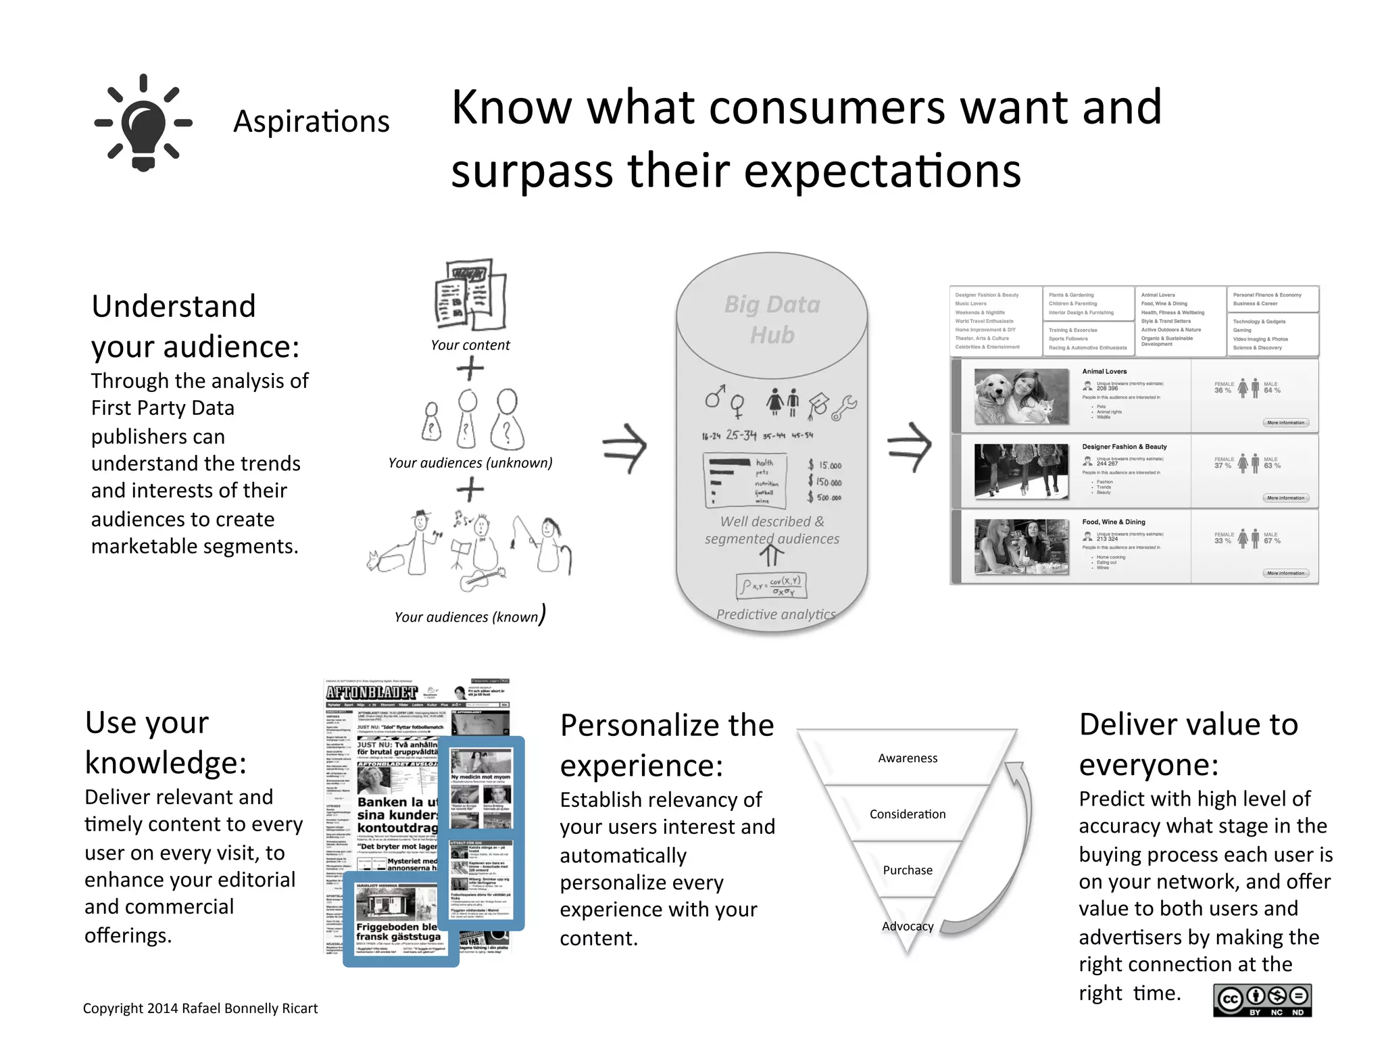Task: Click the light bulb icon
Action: [143, 123]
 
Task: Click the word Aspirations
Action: [311, 122]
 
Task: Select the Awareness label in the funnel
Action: [908, 758]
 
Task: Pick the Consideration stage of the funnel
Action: [908, 814]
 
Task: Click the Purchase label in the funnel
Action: [908, 870]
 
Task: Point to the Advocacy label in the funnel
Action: [908, 926]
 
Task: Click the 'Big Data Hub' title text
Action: [772, 320]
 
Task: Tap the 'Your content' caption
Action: [470, 345]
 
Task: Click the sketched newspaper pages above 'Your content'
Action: [470, 295]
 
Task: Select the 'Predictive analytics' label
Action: [776, 614]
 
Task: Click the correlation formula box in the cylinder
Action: [772, 586]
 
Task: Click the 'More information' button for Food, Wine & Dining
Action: [1285, 573]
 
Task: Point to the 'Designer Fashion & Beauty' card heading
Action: [1124, 447]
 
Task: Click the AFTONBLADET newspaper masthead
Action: [372, 693]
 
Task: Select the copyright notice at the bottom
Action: [200, 1008]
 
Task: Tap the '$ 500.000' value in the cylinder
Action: [824, 497]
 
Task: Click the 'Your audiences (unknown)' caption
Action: [470, 463]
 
